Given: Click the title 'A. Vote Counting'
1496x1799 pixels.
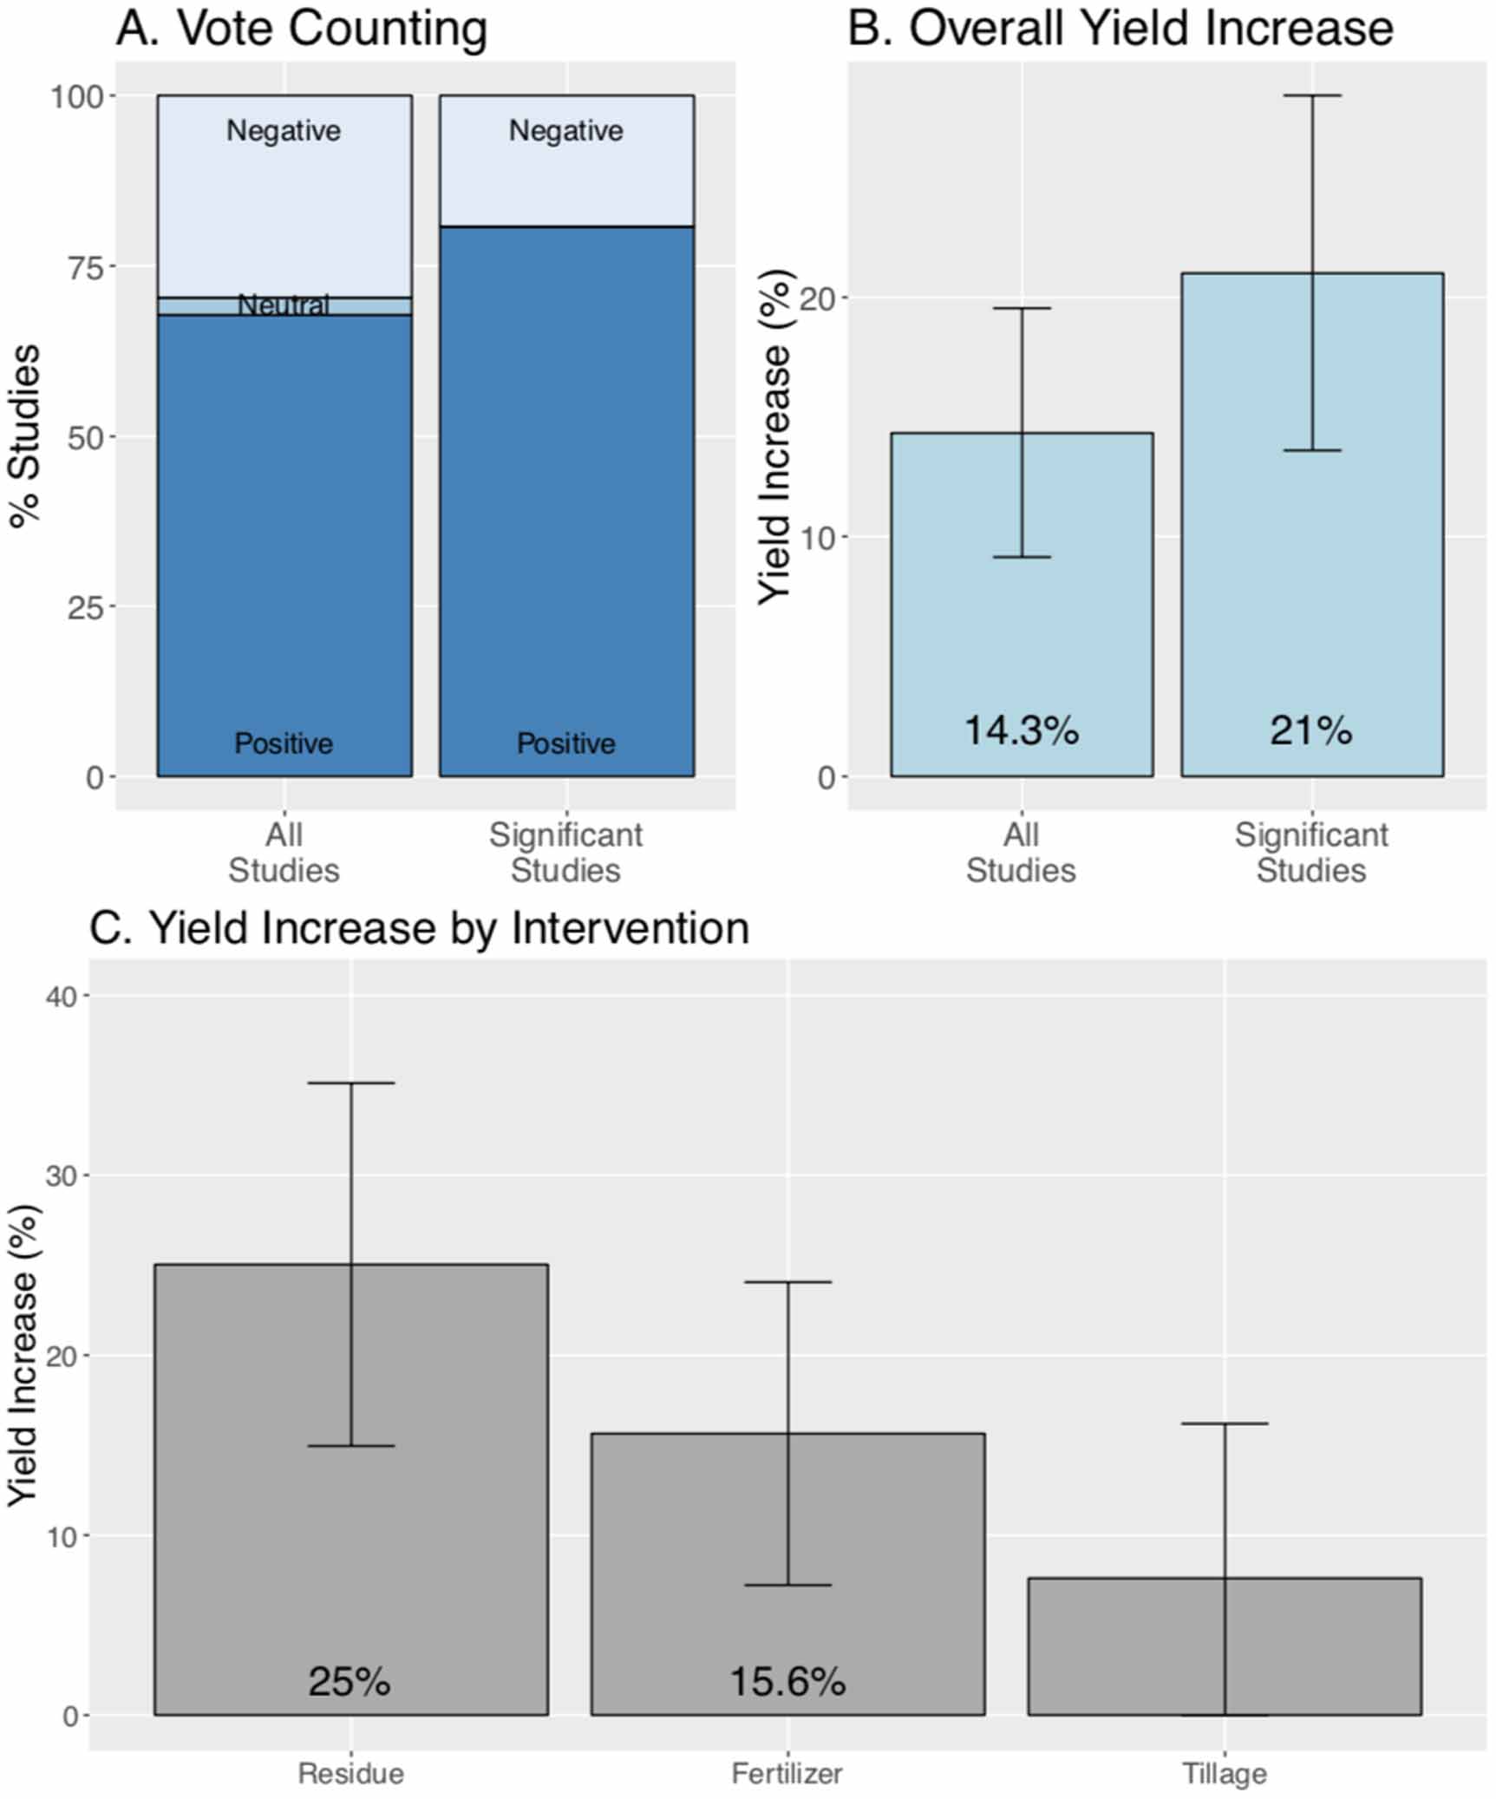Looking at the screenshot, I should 301,28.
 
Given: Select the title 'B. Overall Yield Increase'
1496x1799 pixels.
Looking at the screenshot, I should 1120,28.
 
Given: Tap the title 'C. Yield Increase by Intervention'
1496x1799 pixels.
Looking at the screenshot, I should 419,927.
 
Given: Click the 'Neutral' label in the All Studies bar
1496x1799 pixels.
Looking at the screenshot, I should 284,305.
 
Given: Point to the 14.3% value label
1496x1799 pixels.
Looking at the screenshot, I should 1021,729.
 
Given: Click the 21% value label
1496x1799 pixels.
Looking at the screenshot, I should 1310,729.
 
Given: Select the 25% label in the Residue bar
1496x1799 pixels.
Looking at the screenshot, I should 350,1681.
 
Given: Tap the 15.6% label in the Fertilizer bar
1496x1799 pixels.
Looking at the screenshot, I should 787,1681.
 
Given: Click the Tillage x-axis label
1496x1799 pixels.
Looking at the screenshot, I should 1224,1774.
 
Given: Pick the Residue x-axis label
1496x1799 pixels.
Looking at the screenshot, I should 350,1774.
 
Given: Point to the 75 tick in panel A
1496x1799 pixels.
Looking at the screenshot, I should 85,266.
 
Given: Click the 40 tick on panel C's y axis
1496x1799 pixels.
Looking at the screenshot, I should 62,996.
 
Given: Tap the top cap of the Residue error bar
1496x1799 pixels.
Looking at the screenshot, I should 351,1083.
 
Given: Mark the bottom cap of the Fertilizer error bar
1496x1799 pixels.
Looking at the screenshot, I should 787,1585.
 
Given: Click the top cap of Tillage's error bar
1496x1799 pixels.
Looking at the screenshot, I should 1225,1423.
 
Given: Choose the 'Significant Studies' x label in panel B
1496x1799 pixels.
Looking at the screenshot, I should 1310,852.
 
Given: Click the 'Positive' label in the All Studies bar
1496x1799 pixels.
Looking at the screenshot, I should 284,743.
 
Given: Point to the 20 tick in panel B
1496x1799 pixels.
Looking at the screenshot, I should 816,298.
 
